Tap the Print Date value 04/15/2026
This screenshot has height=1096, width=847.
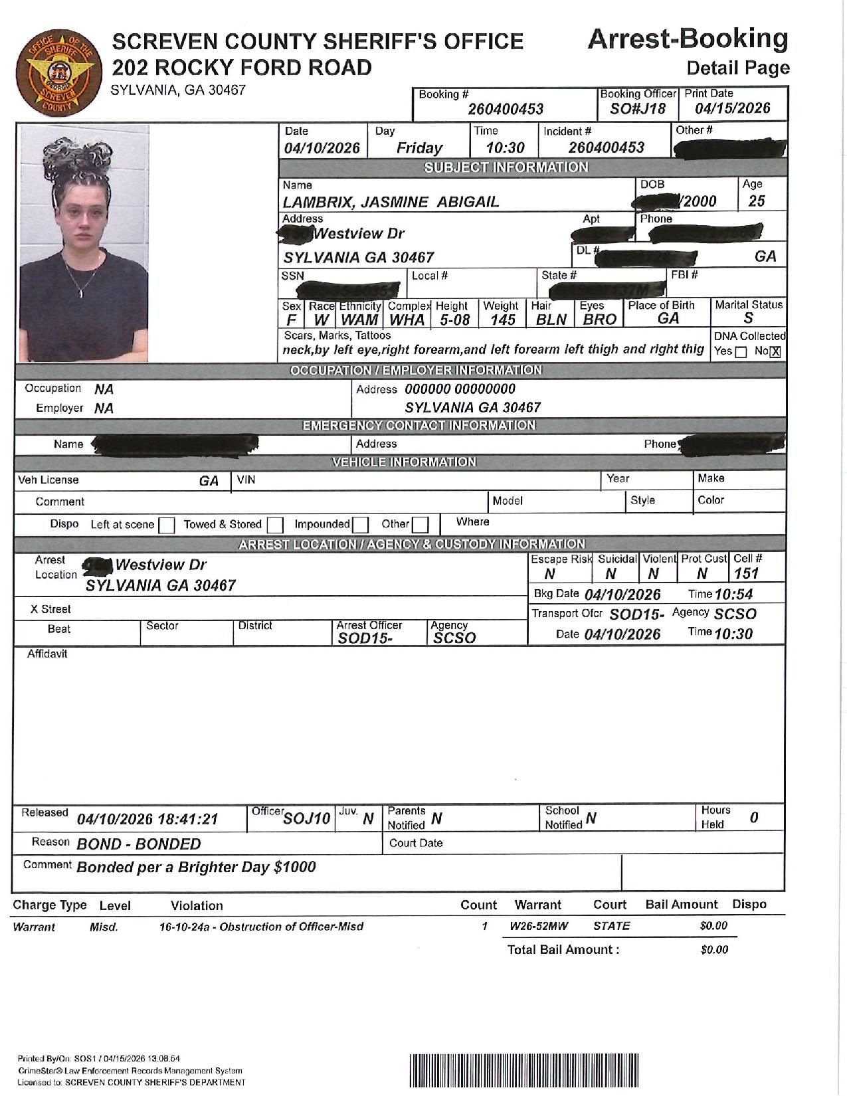(x=732, y=109)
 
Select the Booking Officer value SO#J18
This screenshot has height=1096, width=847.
(x=638, y=109)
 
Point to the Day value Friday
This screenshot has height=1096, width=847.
(x=419, y=147)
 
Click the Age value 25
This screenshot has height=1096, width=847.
(x=756, y=201)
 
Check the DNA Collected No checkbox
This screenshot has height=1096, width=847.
(x=775, y=352)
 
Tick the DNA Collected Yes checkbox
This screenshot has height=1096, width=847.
(x=741, y=352)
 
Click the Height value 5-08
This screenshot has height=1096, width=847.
(x=454, y=320)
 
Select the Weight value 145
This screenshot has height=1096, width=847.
(x=503, y=320)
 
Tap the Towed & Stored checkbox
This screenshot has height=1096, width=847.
(x=275, y=525)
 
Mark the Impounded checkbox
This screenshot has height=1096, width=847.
(x=360, y=525)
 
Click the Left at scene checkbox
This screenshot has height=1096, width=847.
(x=167, y=525)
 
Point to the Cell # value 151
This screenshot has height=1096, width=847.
(x=746, y=573)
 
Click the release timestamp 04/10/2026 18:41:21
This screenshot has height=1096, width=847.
(x=147, y=819)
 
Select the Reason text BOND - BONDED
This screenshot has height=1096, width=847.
(x=139, y=844)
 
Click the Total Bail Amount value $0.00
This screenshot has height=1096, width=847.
(x=714, y=950)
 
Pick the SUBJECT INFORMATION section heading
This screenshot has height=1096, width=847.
(x=506, y=167)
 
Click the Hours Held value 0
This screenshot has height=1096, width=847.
(x=754, y=818)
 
